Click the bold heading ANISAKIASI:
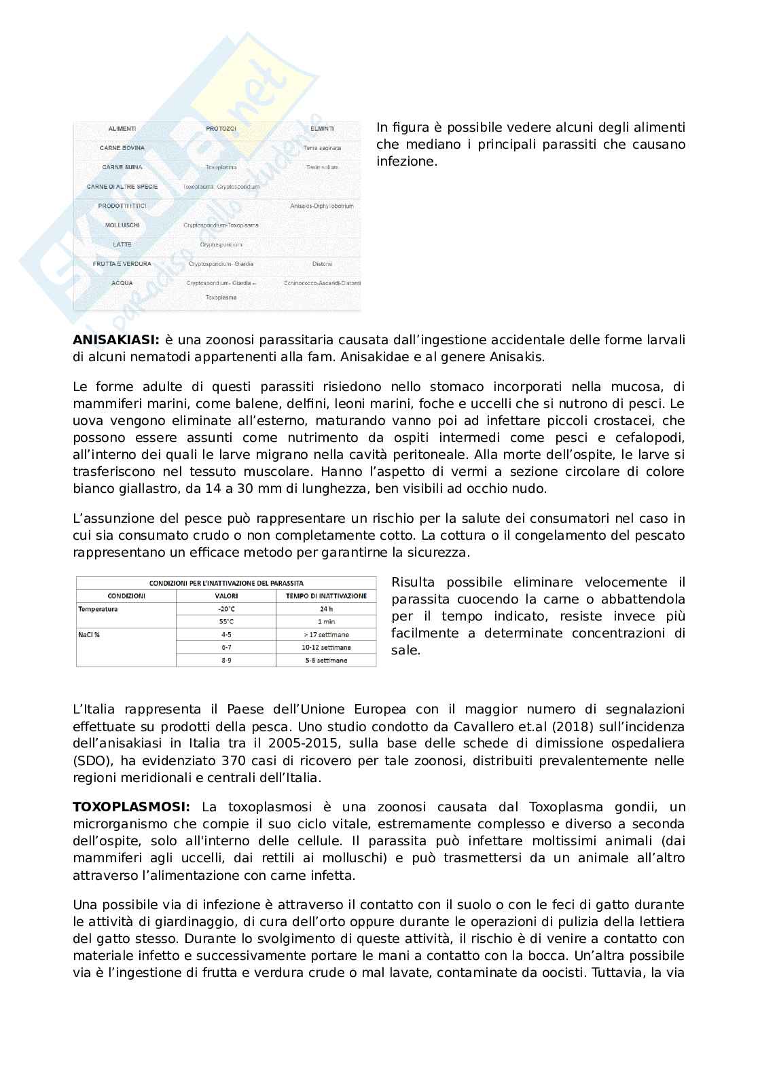click(x=116, y=339)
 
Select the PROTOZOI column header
click(x=221, y=128)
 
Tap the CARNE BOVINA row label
click(x=122, y=147)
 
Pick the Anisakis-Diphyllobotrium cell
click(x=322, y=206)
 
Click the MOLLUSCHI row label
click(x=122, y=225)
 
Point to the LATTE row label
click(x=122, y=244)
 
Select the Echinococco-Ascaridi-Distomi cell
click(x=322, y=283)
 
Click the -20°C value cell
click(x=226, y=609)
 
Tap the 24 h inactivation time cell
click(x=326, y=609)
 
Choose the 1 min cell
click(x=326, y=622)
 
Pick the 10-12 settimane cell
click(x=326, y=648)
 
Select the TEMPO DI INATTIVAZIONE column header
click(x=326, y=596)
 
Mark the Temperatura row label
click(x=98, y=609)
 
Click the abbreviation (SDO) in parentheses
click(x=91, y=760)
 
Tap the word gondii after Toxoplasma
click(x=635, y=807)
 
